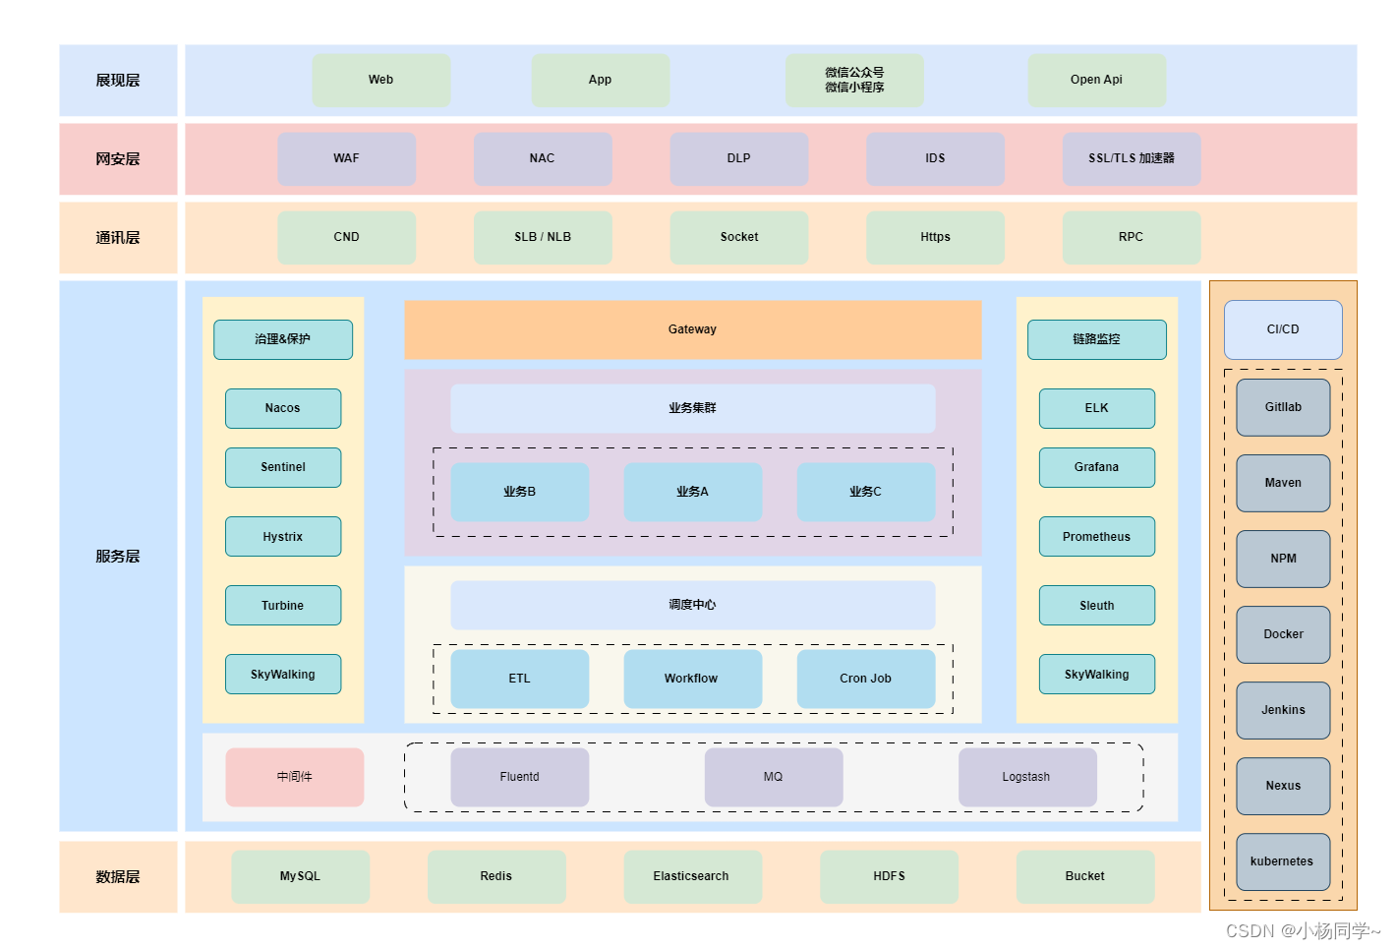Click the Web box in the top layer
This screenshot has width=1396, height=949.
point(380,80)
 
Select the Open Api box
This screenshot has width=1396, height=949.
point(1096,80)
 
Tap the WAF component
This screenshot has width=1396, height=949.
point(346,158)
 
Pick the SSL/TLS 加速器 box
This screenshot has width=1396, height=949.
point(1131,158)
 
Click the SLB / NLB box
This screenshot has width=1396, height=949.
point(543,237)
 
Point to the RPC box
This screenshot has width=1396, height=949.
point(1131,237)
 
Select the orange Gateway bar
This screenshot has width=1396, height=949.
point(692,329)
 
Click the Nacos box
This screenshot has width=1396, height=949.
point(283,408)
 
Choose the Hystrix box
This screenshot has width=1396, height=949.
point(283,537)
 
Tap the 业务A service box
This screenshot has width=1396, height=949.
point(692,492)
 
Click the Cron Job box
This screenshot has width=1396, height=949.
point(865,679)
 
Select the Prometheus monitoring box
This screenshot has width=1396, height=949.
point(1096,537)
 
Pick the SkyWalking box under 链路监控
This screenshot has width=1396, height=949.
point(1096,675)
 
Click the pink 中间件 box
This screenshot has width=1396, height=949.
point(294,777)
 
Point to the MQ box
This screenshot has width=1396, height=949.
point(774,777)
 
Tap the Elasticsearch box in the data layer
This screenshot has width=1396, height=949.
point(692,876)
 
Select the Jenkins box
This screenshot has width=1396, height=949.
point(1283,710)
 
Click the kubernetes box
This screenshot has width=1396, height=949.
point(1283,861)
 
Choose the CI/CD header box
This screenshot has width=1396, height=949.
point(1283,329)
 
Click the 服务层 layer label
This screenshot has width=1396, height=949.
point(118,556)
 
